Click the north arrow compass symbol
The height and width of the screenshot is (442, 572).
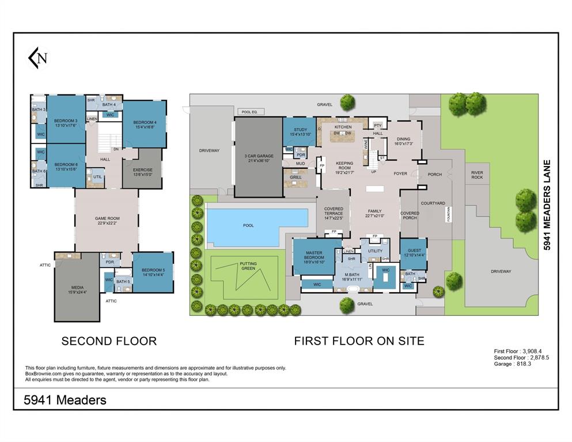coord(39,58)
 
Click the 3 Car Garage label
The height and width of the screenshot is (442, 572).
coord(258,156)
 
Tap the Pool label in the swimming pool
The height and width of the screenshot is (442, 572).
coord(248,225)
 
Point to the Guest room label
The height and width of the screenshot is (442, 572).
coord(413,252)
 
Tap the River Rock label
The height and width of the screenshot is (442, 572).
coord(477,175)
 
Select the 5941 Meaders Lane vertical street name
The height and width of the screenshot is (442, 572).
coord(547,204)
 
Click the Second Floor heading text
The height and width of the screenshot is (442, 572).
coord(109,341)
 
